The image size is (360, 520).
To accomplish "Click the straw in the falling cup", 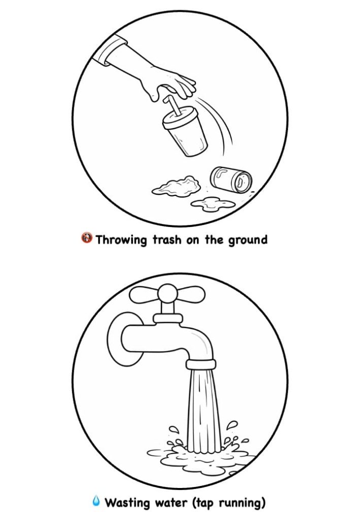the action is tap(172, 105).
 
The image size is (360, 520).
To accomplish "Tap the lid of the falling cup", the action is tap(181, 118).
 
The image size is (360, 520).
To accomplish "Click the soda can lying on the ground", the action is tap(231, 179).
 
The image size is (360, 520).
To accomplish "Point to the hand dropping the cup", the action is tap(169, 83).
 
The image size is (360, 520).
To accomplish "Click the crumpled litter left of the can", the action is tap(176, 187).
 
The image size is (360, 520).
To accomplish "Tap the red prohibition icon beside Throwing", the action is tap(87, 238).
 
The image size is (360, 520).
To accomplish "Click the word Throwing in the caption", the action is tap(121, 240).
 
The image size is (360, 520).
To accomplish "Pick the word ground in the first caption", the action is tap(248, 240).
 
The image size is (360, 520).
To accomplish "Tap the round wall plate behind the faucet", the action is tap(124, 339).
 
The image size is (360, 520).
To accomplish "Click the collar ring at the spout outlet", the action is tap(201, 365).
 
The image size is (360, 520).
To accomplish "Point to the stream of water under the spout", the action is tap(204, 411).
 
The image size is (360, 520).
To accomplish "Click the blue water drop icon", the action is tap(96, 501).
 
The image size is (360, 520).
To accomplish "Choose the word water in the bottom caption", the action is tap(171, 503).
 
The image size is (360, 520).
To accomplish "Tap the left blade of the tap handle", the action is tap(144, 295).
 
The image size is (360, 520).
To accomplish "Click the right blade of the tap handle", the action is tap(191, 295).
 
